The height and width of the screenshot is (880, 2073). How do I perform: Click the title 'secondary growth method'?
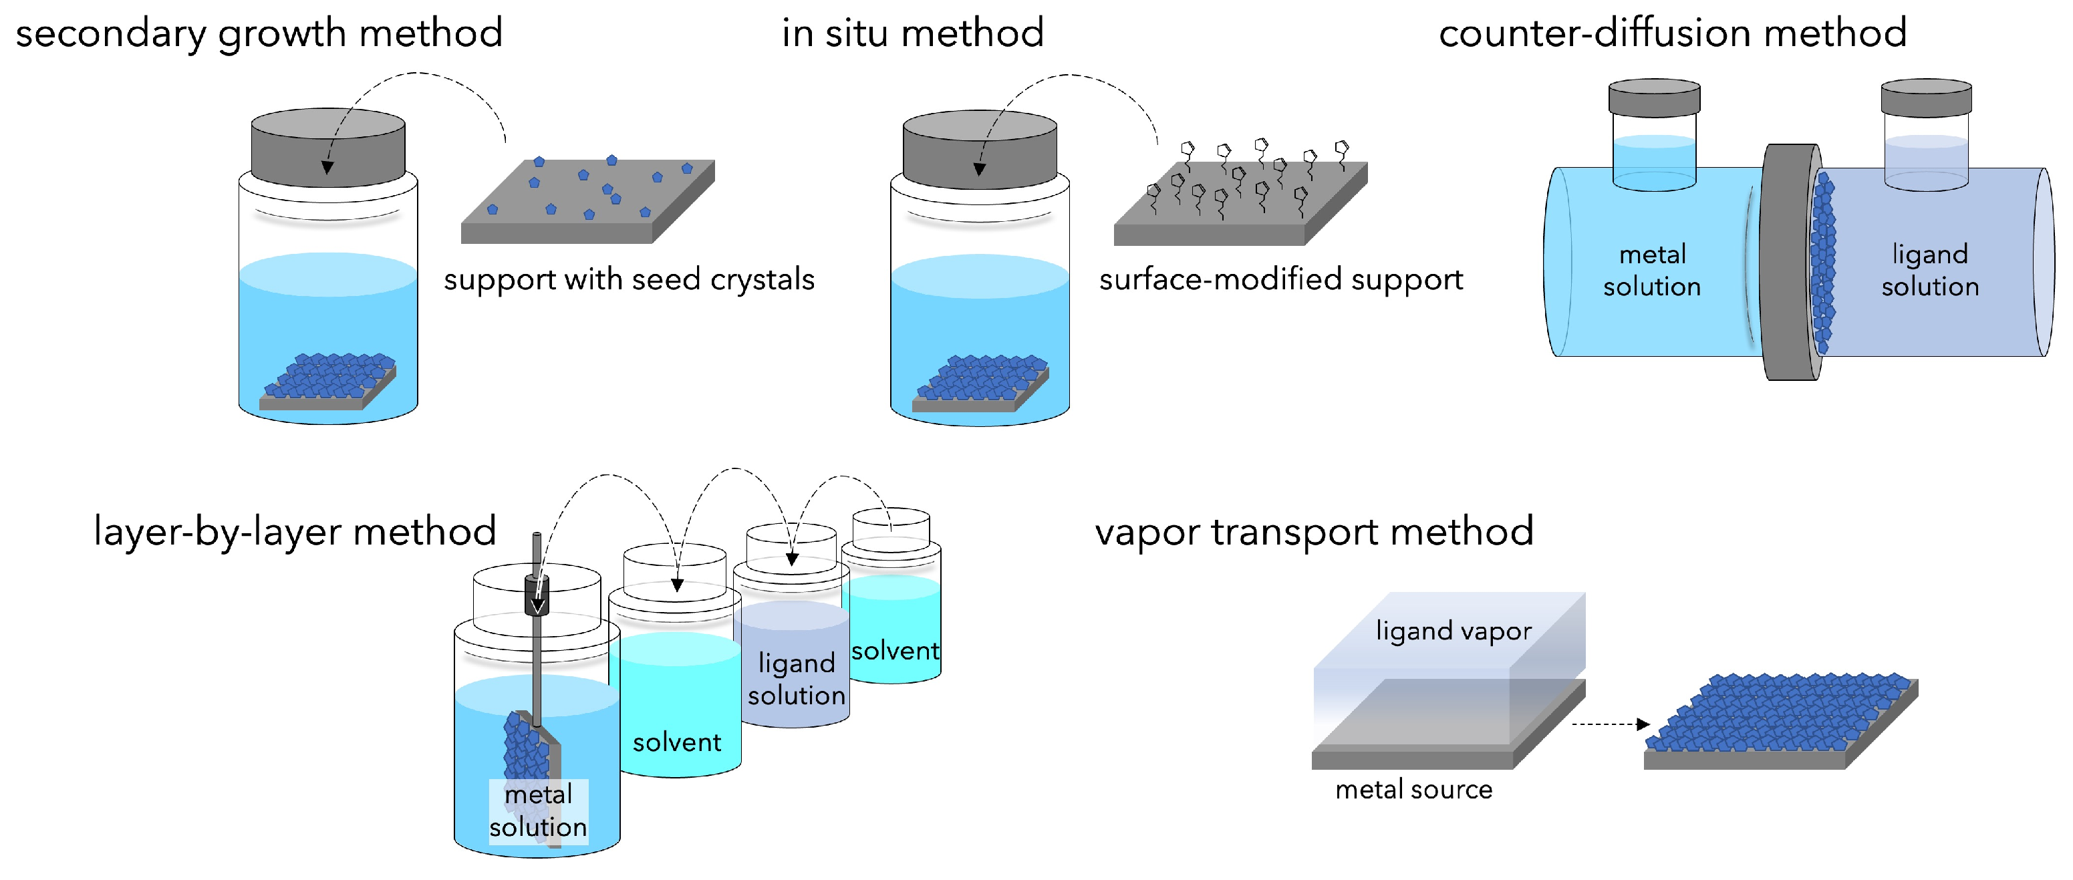pos(259,34)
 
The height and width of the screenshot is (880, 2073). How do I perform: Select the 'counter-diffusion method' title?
pos(1672,34)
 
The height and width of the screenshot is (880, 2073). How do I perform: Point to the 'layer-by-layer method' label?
pos(295,532)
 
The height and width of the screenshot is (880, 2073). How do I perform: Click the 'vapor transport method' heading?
pos(1313,532)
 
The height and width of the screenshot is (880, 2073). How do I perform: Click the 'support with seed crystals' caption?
pos(628,280)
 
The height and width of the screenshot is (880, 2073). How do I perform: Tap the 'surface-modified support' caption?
pos(1280,280)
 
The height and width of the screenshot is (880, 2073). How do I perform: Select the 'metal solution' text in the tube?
pos(1651,270)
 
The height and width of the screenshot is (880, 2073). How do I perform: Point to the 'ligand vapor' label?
pos(1453,631)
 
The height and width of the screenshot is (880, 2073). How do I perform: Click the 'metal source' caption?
pos(1413,790)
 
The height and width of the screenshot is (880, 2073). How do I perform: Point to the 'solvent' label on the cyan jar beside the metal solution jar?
pos(676,742)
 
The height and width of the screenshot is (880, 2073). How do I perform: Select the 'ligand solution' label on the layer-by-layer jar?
pos(796,679)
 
